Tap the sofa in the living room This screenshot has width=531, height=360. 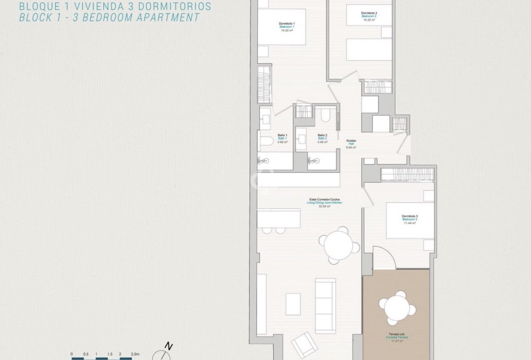pyautogui.click(x=325, y=306)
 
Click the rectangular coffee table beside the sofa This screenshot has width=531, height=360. pyautogui.click(x=293, y=304)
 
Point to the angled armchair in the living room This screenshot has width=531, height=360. pyautogui.click(x=305, y=344)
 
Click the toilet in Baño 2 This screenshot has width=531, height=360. pyautogui.click(x=325, y=115)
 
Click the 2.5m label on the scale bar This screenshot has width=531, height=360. pyautogui.click(x=135, y=354)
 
